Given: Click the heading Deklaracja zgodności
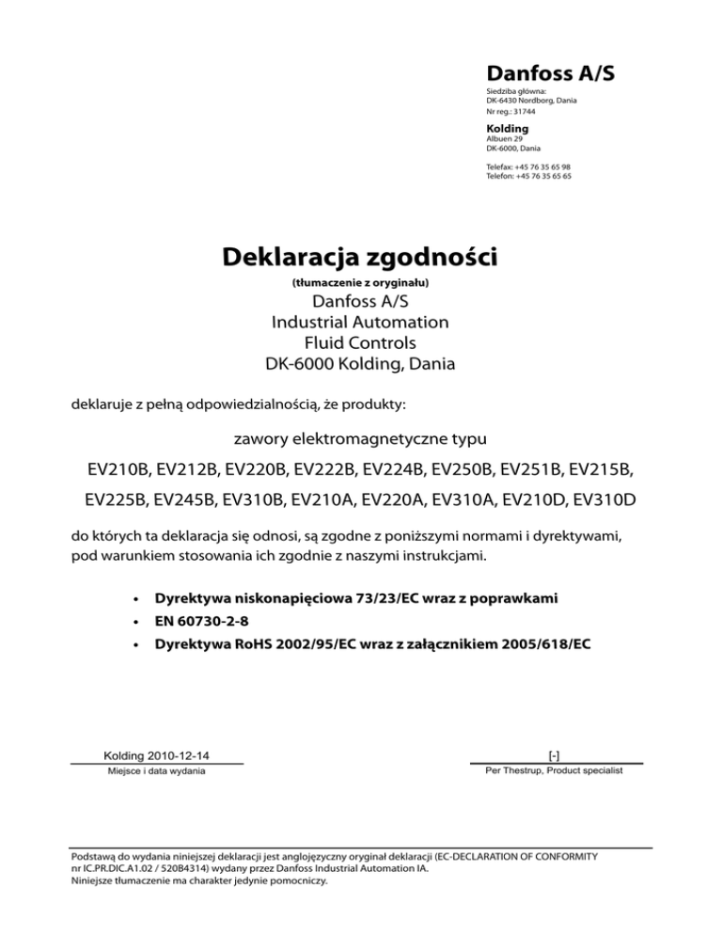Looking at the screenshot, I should (361, 257).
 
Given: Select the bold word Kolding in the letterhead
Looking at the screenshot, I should (507, 128).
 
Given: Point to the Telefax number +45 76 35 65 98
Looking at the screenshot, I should (549, 166).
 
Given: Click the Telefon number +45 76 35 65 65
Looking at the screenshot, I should (549, 176).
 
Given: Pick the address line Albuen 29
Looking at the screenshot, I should (504, 138).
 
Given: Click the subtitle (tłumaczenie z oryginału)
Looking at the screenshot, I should (361, 282).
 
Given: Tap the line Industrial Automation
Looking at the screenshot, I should (360, 323).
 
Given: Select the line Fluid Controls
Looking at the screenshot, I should (360, 343).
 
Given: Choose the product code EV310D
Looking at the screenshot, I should (601, 499).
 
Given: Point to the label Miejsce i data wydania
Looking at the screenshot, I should (157, 771).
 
